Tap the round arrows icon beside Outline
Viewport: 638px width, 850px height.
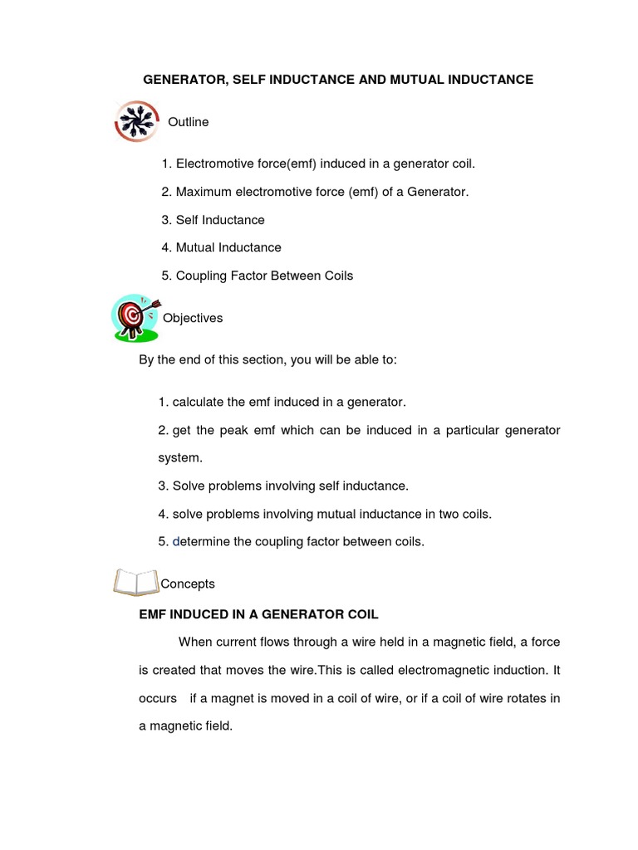click(x=135, y=122)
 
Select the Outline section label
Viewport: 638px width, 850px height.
click(x=189, y=122)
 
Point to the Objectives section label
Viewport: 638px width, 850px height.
click(x=193, y=318)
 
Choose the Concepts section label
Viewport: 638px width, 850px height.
click(x=188, y=584)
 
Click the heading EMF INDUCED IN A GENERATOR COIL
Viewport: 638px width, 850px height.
click(x=258, y=614)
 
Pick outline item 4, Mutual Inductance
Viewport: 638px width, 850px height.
click(x=221, y=247)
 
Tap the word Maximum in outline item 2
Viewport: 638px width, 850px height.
click(x=204, y=192)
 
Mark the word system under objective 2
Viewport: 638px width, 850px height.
click(x=179, y=457)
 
